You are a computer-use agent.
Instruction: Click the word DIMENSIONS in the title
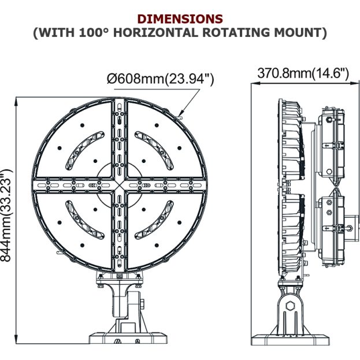click(x=180, y=19)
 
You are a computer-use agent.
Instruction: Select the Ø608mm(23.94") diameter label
click(x=160, y=79)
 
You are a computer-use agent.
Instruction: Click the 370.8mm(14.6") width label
click(x=303, y=73)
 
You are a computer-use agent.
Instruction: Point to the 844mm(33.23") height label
click(x=6, y=216)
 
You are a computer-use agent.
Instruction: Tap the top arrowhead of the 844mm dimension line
click(x=16, y=102)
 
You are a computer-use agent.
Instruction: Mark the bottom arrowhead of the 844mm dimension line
click(x=16, y=339)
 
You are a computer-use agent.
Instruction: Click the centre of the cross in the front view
click(x=120, y=185)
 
